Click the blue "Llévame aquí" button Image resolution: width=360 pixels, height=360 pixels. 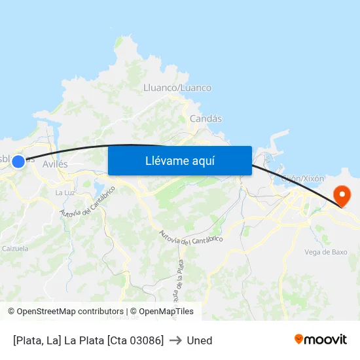coord(180,161)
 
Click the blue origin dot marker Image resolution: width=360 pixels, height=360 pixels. coord(18,161)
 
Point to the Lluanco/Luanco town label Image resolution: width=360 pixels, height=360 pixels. coord(177,88)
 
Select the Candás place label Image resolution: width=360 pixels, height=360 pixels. coord(206,118)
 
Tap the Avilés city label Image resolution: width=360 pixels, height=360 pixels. coord(55,164)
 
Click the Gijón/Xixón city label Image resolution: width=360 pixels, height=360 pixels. coord(302,178)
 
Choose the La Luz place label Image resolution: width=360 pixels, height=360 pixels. coord(64,192)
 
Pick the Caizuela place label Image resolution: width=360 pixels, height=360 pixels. coord(15,249)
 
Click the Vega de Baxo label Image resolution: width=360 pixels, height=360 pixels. coord(326,251)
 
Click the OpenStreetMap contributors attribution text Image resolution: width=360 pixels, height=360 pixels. coord(66,312)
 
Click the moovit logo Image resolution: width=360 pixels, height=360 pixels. coord(320,340)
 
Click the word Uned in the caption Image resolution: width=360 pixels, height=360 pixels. coord(200,340)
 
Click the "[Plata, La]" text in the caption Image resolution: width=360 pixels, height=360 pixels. coord(37,340)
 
